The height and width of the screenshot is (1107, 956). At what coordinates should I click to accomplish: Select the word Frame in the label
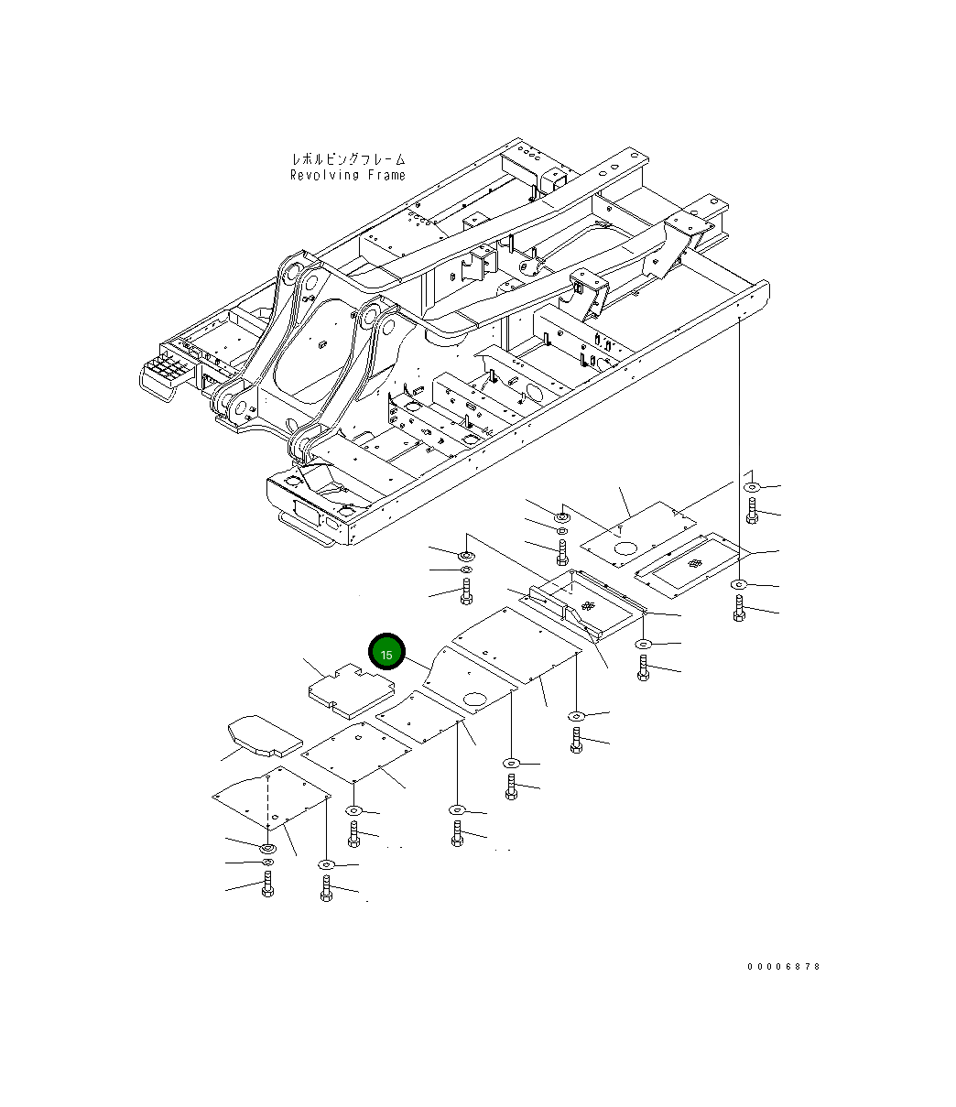(x=386, y=175)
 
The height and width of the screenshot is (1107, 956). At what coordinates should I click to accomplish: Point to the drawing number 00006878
(x=784, y=967)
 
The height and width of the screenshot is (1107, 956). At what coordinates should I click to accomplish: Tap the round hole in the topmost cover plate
(x=625, y=548)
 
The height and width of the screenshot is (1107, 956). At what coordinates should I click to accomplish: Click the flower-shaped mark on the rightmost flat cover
(x=697, y=566)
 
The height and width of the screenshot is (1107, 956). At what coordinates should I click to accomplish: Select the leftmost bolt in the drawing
(x=267, y=885)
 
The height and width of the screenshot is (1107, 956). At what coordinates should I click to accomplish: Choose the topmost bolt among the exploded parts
(x=753, y=512)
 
